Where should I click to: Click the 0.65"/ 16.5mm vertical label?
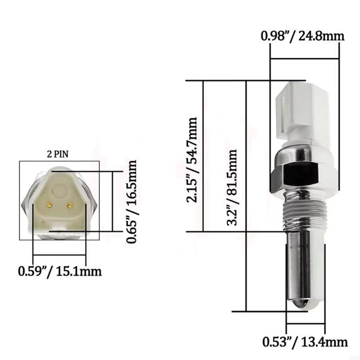(132, 202)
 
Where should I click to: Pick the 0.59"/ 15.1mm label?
(59, 272)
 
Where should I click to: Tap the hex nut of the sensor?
(301, 173)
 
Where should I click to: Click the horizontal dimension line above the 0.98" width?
(304, 58)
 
